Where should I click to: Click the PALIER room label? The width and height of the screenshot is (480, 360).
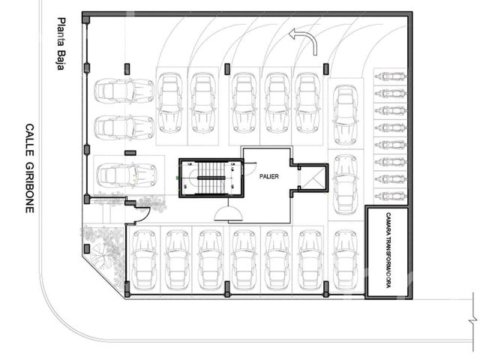[269, 176]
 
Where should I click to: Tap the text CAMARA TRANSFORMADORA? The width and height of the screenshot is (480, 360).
[388, 250]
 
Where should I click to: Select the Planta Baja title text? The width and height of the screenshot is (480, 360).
[61, 43]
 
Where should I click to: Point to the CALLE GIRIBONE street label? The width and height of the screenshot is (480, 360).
[29, 168]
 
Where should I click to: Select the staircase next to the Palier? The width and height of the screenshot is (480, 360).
[211, 178]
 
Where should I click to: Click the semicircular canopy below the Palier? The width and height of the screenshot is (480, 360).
[228, 213]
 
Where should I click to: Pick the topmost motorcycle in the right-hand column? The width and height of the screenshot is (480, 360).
[390, 76]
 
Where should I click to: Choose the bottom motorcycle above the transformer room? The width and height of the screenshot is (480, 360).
[390, 195]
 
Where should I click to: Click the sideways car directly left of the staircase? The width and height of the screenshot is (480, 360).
[127, 175]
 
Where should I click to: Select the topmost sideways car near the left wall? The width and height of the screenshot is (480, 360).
[124, 91]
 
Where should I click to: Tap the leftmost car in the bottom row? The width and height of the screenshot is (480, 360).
[144, 260]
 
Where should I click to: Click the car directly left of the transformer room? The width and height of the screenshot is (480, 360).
[345, 260]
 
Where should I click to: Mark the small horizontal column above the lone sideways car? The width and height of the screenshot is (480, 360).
[130, 153]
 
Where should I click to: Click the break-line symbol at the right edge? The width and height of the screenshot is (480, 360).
[473, 321]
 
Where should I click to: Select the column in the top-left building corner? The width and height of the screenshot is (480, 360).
[86, 20]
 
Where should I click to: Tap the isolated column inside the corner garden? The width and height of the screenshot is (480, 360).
[87, 249]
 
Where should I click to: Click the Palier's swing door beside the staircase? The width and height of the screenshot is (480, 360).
[250, 168]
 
